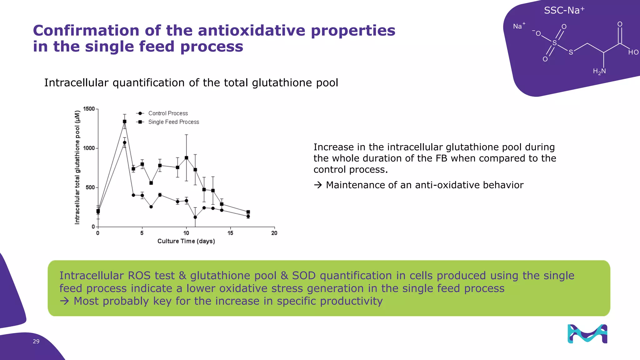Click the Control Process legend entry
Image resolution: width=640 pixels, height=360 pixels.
coord(168,113)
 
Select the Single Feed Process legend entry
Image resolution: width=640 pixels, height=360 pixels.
coord(173,122)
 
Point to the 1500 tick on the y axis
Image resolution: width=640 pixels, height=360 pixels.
coord(89,109)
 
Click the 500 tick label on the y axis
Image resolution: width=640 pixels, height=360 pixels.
coord(90,187)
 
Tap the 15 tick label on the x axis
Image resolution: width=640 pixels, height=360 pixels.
coord(230,233)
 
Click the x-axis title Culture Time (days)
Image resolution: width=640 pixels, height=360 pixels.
coord(186,241)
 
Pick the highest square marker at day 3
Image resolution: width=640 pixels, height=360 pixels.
coord(125,122)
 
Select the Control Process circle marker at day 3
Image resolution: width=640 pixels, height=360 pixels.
coord(125,143)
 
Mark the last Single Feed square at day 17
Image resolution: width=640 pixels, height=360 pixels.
coord(248,212)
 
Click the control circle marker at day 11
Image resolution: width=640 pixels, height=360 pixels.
coord(195,217)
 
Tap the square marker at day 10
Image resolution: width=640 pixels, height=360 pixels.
coord(187,158)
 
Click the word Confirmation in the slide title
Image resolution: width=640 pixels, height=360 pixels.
coord(86,31)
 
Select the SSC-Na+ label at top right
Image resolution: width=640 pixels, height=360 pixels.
coord(564,11)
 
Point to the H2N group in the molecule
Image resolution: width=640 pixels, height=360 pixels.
coord(599,72)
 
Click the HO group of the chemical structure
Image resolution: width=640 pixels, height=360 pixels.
coord(633,52)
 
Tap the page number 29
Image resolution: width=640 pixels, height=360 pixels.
coord(36,342)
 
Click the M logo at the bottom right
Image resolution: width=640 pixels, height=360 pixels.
coord(587,334)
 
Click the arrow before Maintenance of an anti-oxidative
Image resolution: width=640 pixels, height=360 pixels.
coord(318,185)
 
